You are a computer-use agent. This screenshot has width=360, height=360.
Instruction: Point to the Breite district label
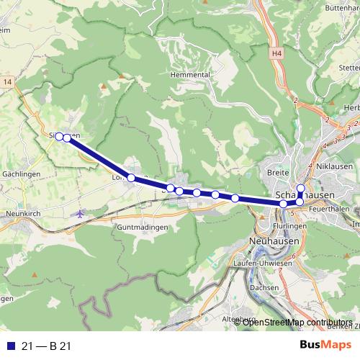(x=278, y=172)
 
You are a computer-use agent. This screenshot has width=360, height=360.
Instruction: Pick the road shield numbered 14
(x=7, y=83)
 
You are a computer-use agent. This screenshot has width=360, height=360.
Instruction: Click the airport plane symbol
(x=79, y=213)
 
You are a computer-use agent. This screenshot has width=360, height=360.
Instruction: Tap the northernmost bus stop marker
(x=301, y=189)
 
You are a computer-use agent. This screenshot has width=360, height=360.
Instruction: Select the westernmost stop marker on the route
(x=59, y=136)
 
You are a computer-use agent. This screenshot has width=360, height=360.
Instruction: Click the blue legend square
(x=9, y=346)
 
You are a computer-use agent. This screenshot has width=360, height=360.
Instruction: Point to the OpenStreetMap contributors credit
(x=297, y=322)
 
